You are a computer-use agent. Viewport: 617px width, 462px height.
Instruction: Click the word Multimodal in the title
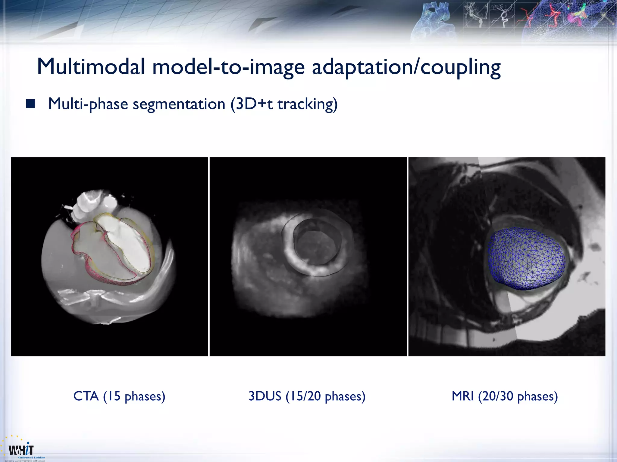(x=91, y=67)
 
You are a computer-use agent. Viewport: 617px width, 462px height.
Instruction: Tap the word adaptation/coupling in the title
(x=406, y=67)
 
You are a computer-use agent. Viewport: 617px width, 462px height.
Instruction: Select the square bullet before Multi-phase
(x=30, y=104)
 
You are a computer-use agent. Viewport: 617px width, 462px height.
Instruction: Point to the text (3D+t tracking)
(x=284, y=104)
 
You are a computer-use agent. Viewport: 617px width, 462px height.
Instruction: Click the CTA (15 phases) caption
(x=119, y=396)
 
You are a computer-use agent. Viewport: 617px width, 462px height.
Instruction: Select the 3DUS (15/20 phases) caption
(x=307, y=396)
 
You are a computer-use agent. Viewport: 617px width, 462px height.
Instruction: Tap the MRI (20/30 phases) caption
(x=505, y=396)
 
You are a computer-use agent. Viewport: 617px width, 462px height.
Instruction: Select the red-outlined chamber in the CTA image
(x=90, y=250)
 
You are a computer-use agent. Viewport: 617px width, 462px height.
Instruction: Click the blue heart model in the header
(x=434, y=21)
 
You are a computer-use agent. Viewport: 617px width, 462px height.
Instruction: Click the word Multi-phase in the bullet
(x=88, y=104)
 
